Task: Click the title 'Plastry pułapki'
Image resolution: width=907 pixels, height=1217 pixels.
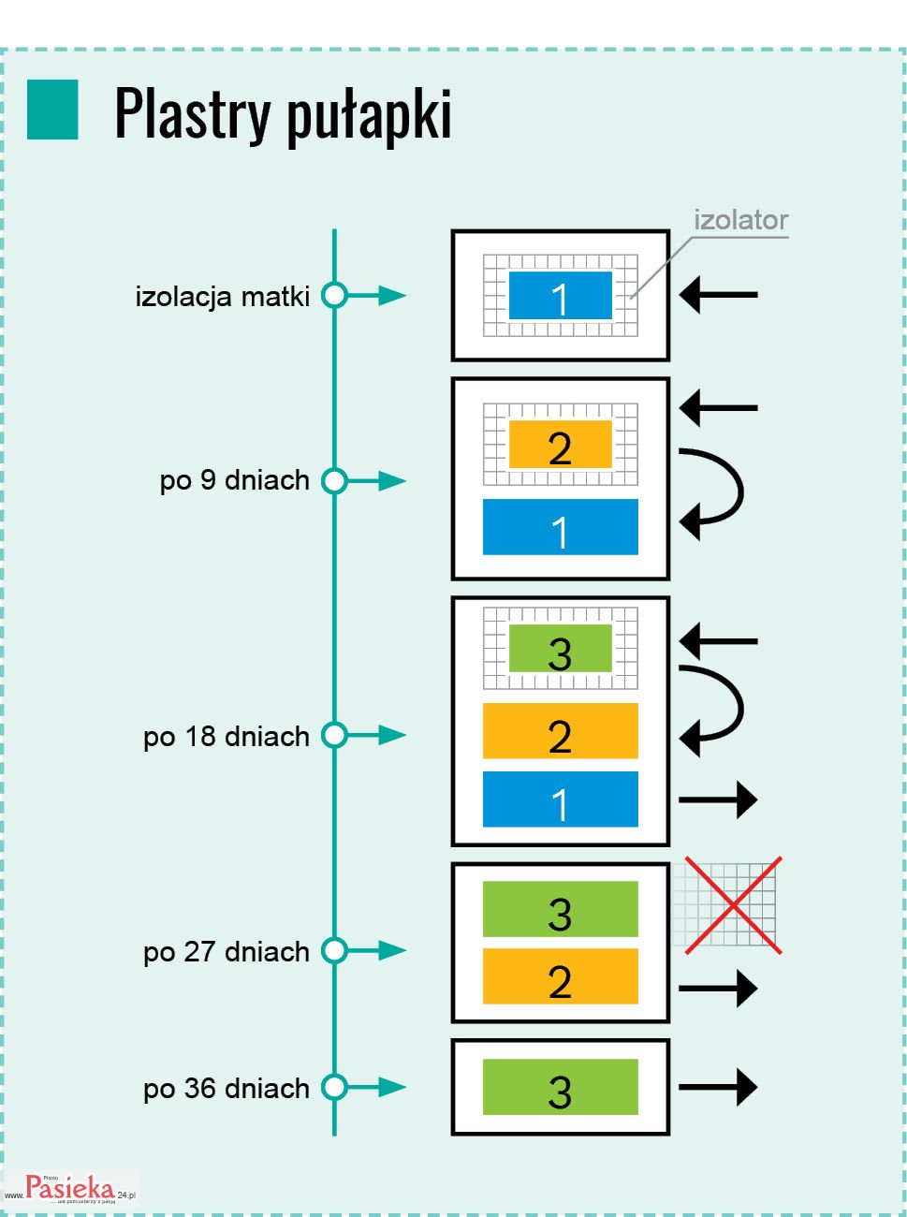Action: pos(283,113)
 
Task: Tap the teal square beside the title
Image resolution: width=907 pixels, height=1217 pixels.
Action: pos(52,110)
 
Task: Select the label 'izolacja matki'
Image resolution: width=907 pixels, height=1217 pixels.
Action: pos(222,297)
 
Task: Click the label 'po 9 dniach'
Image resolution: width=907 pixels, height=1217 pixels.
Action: pos(234,480)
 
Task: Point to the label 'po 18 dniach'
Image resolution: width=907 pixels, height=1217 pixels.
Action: pos(226,737)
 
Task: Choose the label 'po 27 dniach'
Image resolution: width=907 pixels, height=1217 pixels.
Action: pos(226,952)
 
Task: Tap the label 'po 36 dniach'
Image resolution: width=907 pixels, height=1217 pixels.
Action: pos(226,1089)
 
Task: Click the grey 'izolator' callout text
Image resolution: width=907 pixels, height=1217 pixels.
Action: pos(740,221)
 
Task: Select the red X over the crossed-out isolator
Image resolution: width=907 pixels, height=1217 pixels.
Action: pos(733,905)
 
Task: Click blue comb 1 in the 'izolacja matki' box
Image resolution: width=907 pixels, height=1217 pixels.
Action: pos(560,296)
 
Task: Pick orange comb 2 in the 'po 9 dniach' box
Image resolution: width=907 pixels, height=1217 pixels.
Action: pos(560,445)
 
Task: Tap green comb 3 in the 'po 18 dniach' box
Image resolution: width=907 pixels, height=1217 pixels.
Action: pos(560,649)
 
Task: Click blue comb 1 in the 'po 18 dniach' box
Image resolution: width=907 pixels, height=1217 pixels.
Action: pos(560,799)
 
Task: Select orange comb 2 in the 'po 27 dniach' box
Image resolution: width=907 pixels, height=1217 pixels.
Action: pos(560,976)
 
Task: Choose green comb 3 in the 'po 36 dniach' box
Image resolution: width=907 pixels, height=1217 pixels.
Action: pos(560,1087)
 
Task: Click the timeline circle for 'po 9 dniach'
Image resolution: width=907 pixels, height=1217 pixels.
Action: pos(334,481)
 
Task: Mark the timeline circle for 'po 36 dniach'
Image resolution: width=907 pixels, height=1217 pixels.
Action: pos(334,1088)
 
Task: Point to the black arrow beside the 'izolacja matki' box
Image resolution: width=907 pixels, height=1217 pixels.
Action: pos(718,295)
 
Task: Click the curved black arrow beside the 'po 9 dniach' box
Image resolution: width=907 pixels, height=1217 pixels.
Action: pos(715,492)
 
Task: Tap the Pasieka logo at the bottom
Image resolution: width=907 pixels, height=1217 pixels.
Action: pos(71,1188)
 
